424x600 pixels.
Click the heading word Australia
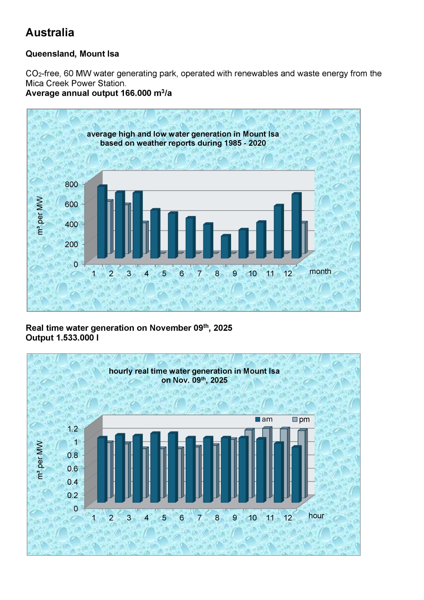point(50,33)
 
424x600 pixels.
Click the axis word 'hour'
point(316,516)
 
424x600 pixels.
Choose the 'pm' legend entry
point(301,420)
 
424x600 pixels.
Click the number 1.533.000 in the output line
point(75,338)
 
